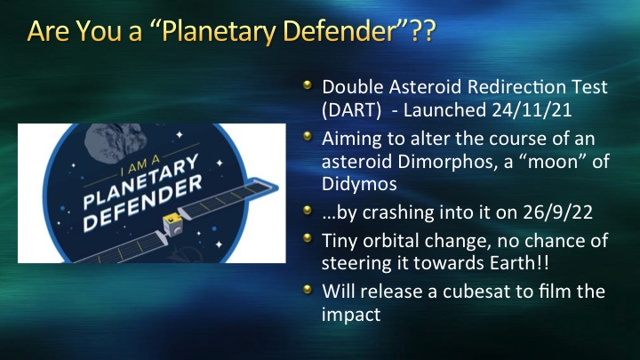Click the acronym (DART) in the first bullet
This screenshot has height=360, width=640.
351,110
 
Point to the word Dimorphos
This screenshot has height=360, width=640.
447,162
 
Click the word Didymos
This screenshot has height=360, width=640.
359,184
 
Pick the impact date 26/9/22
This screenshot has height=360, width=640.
557,212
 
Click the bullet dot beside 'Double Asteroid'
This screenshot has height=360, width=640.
308,85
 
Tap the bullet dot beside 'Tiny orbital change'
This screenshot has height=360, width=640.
308,237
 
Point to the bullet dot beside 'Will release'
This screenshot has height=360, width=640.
308,290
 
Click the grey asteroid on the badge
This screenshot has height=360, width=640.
115,141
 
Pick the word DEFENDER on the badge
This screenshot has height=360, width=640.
143,204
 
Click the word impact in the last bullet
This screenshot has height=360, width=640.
351,315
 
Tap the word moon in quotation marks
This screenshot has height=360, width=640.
557,163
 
